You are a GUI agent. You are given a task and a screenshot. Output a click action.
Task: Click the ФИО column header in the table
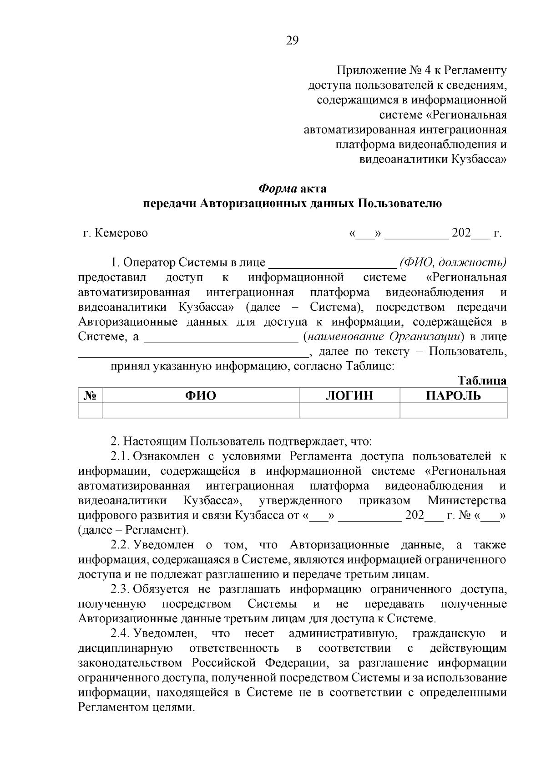point(200,396)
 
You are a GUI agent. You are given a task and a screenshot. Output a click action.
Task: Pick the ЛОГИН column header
point(349,396)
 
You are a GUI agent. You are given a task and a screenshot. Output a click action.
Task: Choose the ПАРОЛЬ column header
point(453,396)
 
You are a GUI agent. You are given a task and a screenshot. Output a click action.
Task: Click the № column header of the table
point(90,396)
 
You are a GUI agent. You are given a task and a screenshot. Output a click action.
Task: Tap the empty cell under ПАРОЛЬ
point(453,410)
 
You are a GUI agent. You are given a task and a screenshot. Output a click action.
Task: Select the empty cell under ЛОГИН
point(349,410)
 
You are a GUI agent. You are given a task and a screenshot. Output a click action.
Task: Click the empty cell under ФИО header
point(200,410)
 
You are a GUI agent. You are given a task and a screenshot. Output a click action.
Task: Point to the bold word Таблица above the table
point(482,381)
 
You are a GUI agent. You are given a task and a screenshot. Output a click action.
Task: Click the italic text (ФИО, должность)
point(453,263)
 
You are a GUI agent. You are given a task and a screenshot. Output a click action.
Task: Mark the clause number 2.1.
point(120,456)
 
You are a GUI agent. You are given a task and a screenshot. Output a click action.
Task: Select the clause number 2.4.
point(120,634)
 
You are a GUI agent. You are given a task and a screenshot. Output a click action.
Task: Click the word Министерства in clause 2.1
point(467,501)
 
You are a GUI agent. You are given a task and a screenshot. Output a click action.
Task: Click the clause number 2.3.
point(120,589)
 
